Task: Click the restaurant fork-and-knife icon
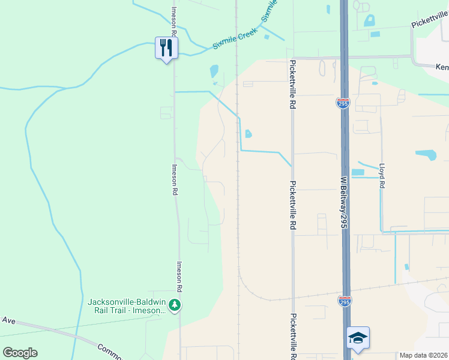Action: [166, 48]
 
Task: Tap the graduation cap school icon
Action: [358, 337]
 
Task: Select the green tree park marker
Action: [175, 305]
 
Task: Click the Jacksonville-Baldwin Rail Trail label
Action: [128, 305]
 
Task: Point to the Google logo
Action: [20, 353]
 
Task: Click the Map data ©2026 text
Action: [424, 355]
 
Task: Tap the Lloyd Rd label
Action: [381, 176]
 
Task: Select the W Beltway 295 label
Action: [344, 202]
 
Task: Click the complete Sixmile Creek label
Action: [235, 39]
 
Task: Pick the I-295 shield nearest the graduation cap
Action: [344, 300]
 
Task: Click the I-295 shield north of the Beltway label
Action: [342, 103]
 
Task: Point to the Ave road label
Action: [8, 320]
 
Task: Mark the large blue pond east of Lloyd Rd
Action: [426, 155]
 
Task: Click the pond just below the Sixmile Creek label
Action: [214, 71]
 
